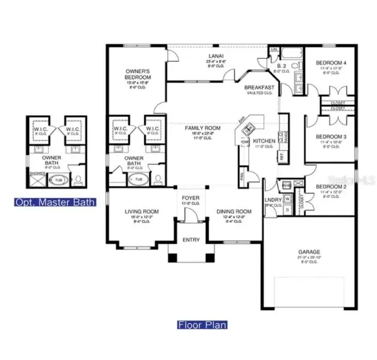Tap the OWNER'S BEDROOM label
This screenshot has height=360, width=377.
138,74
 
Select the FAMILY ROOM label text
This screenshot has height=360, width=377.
203,128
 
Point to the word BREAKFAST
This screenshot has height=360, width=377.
259,88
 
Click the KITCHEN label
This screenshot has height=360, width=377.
264,141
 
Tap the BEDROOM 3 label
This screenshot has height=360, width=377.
331,137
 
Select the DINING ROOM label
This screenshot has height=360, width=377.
234,211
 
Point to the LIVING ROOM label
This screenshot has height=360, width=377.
141,211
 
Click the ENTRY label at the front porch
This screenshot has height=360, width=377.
191,240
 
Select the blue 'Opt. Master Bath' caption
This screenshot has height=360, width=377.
55,202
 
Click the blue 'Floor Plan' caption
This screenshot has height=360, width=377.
202,325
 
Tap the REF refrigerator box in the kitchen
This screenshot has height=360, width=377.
282,156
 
